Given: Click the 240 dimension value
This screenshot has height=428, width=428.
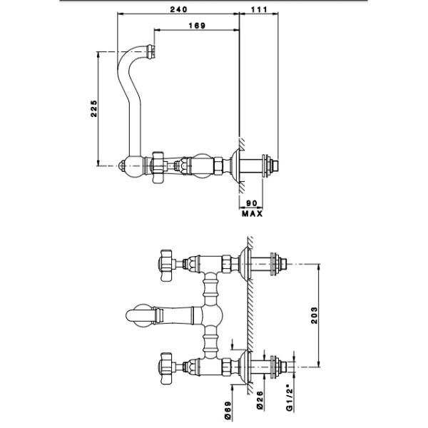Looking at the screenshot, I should [x=180, y=9].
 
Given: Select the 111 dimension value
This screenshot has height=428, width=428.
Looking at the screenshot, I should [x=258, y=9].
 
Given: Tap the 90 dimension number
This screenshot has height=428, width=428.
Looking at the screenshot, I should [x=252, y=203].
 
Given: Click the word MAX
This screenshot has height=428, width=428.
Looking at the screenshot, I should [x=252, y=213].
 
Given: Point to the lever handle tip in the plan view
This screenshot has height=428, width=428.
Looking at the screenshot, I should [x=131, y=312].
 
